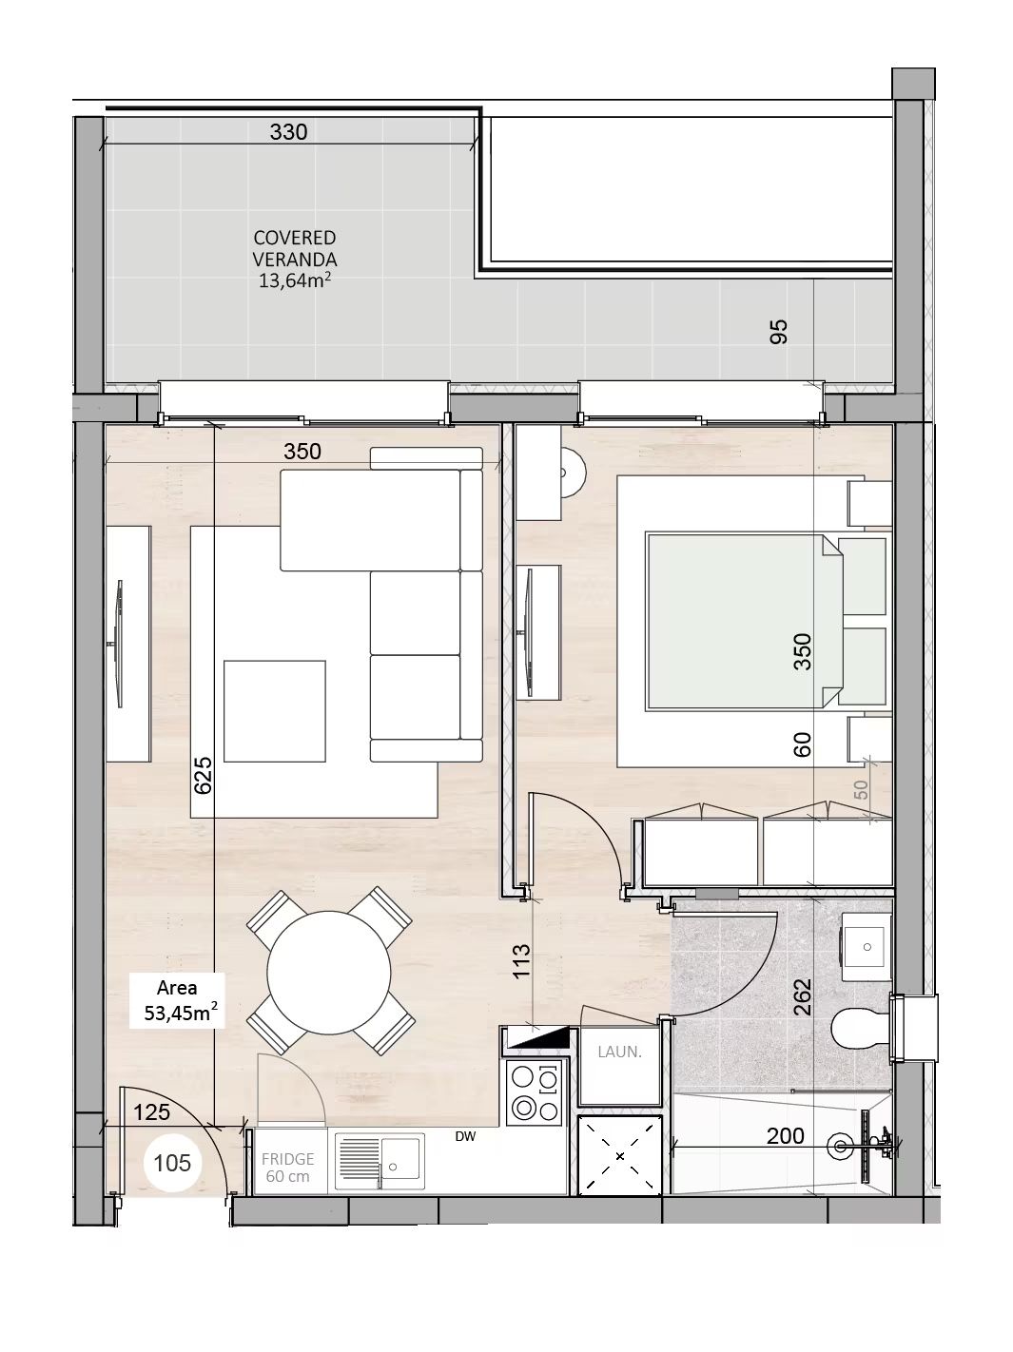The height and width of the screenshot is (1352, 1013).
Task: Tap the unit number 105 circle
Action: tap(172, 1163)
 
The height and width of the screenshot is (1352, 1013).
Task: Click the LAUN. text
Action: tap(619, 1053)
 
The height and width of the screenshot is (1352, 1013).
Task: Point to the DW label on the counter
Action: tap(465, 1137)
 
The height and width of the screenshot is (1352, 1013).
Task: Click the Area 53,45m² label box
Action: tap(178, 1000)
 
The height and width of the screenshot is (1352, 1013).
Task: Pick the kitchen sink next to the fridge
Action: tap(380, 1162)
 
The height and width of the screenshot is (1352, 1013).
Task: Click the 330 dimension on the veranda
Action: tap(288, 132)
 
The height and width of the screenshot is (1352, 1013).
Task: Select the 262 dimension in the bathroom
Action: tap(802, 996)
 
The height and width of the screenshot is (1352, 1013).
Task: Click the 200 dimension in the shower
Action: tap(785, 1135)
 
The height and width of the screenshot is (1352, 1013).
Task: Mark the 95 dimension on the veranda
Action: tap(779, 332)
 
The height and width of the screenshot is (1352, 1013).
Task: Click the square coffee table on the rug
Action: tap(274, 711)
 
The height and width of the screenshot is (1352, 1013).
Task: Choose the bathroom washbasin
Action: tap(867, 947)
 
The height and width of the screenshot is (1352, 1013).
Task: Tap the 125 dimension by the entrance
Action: tap(151, 1111)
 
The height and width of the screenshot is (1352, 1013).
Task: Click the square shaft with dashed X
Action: tap(620, 1156)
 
